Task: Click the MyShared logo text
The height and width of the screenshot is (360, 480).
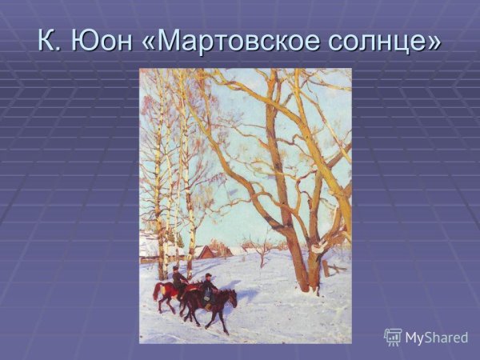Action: pyautogui.click(x=436, y=338)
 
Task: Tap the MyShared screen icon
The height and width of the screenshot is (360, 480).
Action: pyautogui.click(x=393, y=337)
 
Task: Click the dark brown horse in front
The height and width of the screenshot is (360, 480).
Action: pyautogui.click(x=210, y=302)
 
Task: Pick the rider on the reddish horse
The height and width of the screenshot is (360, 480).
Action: pyautogui.click(x=178, y=278)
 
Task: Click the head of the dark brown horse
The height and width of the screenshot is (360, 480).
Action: pyautogui.click(x=232, y=297)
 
